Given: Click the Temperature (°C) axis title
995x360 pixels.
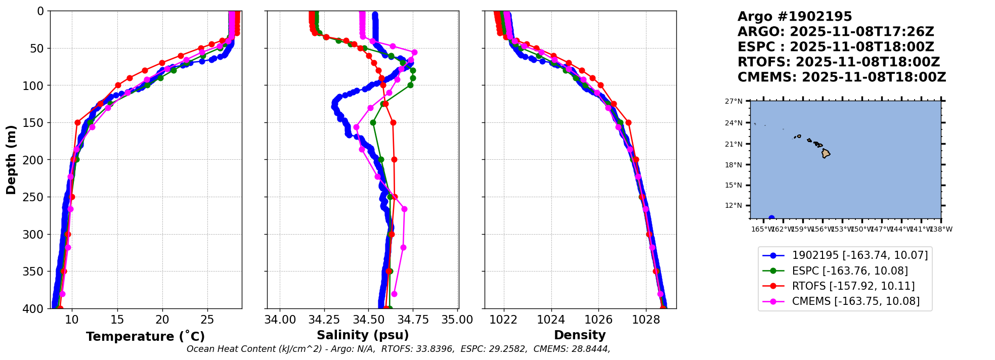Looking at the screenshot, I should pyautogui.click(x=145, y=336).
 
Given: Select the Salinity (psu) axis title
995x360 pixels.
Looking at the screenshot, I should pyautogui.click(x=363, y=335).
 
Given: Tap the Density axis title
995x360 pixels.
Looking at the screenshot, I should pyautogui.click(x=580, y=335).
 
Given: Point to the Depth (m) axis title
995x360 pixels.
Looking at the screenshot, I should pyautogui.click(x=11, y=160).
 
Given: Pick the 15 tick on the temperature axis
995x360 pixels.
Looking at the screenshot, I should pyautogui.click(x=117, y=320).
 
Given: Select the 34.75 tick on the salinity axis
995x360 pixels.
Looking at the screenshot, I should pyautogui.click(x=413, y=320).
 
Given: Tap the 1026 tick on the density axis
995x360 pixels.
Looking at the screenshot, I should pyautogui.click(x=598, y=320).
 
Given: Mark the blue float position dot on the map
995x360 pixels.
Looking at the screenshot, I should pyautogui.click(x=771, y=218).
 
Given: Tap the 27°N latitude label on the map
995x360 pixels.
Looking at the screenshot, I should pyautogui.click(x=733, y=102).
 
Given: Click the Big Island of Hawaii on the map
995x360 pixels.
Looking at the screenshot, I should pyautogui.click(x=826, y=153).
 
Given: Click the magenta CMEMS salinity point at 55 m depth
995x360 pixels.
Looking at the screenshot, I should pyautogui.click(x=414, y=52).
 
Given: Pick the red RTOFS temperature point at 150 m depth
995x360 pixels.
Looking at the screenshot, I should pyautogui.click(x=77, y=122).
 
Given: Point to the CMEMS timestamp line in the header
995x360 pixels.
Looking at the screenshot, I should pyautogui.click(x=841, y=77).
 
